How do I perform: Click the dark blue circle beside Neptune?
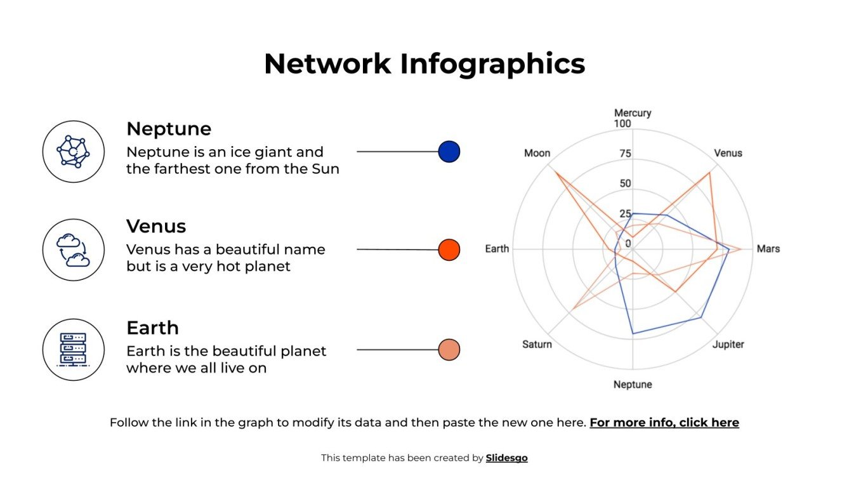coord(449,152)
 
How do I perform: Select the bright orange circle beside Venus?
coord(449,249)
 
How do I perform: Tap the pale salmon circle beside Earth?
coord(449,350)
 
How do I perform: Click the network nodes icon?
coord(73,152)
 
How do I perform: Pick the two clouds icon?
coord(73,250)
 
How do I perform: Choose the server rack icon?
coord(73,350)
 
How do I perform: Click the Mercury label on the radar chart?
coord(632,113)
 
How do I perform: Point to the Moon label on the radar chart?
coord(537,154)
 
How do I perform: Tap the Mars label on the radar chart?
coord(768,249)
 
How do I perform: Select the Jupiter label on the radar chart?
coord(728,344)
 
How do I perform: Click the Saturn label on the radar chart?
coord(537,344)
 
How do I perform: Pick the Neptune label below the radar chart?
coord(632,384)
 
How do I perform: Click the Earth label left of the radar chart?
coord(497,249)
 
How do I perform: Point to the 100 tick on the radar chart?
coord(622,124)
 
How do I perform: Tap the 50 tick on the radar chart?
coord(625,183)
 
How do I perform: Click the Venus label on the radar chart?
coord(728,153)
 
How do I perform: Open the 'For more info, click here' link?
coord(664,422)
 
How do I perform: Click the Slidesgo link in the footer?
coord(506,458)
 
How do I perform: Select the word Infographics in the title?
coord(492,63)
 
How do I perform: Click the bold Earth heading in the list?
coord(152,328)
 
